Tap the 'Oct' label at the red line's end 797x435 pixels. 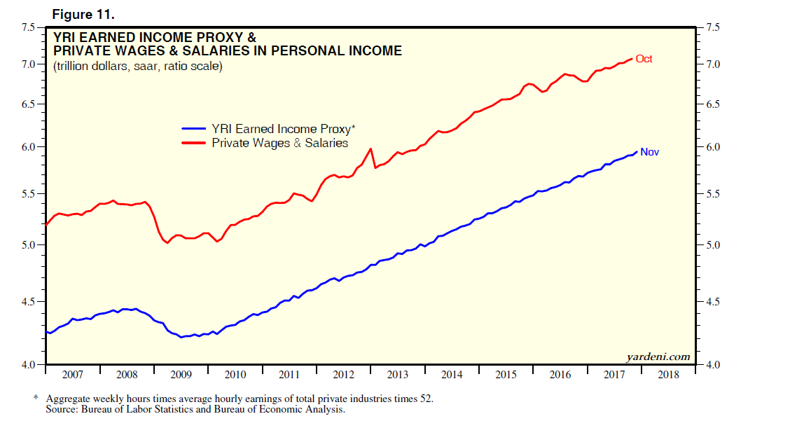click(x=644, y=59)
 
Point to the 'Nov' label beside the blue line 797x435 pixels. click(x=649, y=152)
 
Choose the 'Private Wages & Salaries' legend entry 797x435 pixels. click(x=279, y=143)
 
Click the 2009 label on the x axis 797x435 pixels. click(x=181, y=375)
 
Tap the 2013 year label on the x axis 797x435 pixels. click(x=397, y=375)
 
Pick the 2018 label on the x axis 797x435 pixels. click(x=667, y=375)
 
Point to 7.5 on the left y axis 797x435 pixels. click(x=28, y=27)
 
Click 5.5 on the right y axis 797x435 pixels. click(x=712, y=194)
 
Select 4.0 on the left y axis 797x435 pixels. click(x=28, y=365)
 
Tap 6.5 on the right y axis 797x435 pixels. click(x=712, y=104)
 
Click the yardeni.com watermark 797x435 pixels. click(x=658, y=357)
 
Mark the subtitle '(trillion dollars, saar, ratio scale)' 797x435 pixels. click(x=138, y=67)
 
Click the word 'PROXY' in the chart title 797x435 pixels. click(x=214, y=36)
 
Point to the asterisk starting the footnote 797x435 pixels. click(x=36, y=399)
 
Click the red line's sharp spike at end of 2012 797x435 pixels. click(x=370, y=149)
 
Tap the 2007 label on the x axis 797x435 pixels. click(x=72, y=375)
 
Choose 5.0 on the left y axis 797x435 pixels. click(x=28, y=245)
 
